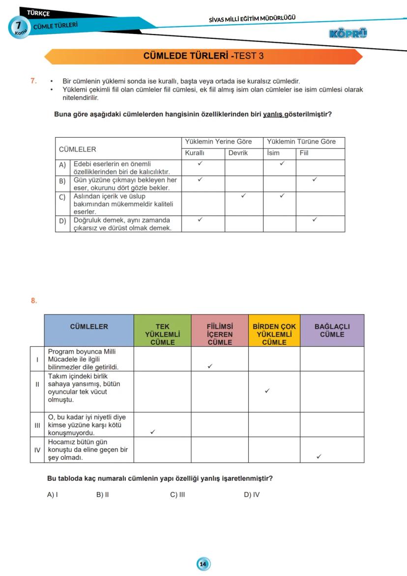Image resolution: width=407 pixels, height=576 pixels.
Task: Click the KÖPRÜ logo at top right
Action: click(x=349, y=33)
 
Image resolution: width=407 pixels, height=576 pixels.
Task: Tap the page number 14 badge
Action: click(x=203, y=564)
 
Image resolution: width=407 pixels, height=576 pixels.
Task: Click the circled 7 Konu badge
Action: click(x=18, y=27)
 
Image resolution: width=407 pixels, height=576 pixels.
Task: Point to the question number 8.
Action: click(x=34, y=301)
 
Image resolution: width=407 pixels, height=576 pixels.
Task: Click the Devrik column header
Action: click(x=238, y=153)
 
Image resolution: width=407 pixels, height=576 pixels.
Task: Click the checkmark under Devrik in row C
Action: click(x=243, y=196)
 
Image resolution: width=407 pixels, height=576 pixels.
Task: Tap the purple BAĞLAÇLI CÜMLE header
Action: click(x=332, y=331)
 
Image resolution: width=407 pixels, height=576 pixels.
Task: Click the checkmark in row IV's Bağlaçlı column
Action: click(x=319, y=456)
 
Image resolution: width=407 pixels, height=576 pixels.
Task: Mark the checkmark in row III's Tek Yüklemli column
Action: click(x=153, y=432)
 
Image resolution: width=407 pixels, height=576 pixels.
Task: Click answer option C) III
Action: click(x=177, y=494)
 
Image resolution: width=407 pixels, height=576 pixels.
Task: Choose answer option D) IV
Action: click(x=252, y=494)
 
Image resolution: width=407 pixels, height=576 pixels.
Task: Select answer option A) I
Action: click(x=53, y=494)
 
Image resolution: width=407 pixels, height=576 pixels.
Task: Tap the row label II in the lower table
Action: click(x=37, y=384)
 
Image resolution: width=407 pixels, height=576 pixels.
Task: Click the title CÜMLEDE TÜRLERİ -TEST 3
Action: click(x=203, y=56)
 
